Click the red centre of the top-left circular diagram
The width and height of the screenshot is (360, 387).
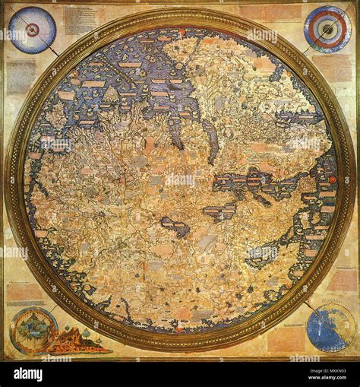coord(33,29)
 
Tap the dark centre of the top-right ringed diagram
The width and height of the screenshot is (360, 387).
coord(327,29)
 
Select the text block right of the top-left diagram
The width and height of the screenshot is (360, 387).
coord(80,20)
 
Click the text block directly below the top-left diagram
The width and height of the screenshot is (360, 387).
coord(21,76)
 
